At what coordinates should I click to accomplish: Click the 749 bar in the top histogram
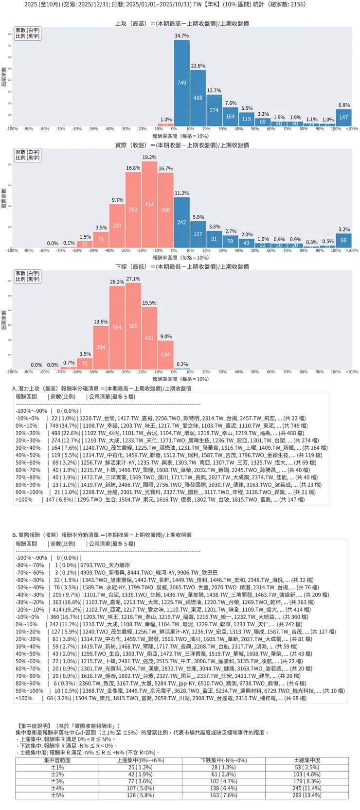click(182, 83)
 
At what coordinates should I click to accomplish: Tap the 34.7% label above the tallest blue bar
click(182, 36)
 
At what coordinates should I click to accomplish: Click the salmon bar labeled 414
click(149, 205)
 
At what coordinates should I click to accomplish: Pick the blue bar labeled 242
click(182, 222)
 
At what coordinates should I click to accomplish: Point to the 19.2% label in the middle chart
click(149, 158)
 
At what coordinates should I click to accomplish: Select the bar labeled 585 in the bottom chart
click(133, 326)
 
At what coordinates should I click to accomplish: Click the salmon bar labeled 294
click(101, 347)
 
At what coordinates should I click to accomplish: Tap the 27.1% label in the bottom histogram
click(133, 279)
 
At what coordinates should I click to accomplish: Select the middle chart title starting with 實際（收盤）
click(182, 145)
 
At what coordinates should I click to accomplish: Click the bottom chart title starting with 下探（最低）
click(182, 266)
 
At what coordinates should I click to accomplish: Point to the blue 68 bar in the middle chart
click(344, 241)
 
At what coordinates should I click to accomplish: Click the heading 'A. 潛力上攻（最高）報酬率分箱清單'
click(102, 388)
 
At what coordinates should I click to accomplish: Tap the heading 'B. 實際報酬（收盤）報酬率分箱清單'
click(102, 535)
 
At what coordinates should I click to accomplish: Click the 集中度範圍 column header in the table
click(57, 760)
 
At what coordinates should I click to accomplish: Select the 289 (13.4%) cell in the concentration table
click(307, 795)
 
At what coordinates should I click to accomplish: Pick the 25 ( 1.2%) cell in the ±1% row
click(141, 767)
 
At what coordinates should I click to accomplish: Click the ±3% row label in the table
click(57, 781)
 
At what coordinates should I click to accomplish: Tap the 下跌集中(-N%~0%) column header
click(224, 760)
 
